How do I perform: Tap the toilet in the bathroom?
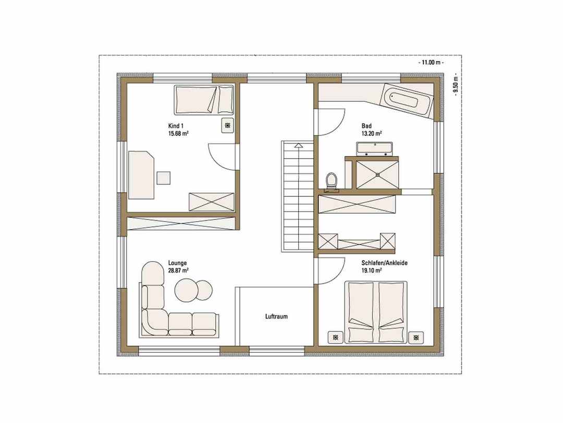click(331, 181)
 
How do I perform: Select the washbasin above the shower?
click(374, 148)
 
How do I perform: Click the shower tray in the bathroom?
click(377, 174)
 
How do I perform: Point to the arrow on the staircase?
click(298, 146)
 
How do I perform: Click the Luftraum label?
click(276, 316)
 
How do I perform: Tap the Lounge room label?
click(177, 263)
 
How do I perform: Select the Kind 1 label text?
click(176, 126)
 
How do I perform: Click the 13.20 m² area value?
click(372, 133)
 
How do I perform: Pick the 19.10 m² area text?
click(372, 270)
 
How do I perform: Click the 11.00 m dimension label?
click(431, 62)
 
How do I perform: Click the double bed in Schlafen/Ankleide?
click(376, 312)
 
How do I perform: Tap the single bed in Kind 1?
click(204, 100)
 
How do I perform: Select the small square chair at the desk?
click(163, 178)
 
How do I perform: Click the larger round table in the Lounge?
click(186, 289)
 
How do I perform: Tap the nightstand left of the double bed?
click(335, 337)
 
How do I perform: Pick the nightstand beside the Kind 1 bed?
click(228, 125)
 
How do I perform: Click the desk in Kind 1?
click(141, 175)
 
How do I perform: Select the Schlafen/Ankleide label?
click(385, 263)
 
